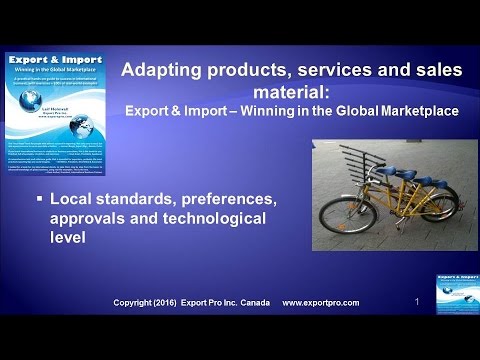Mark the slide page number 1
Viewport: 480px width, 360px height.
tap(416, 299)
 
